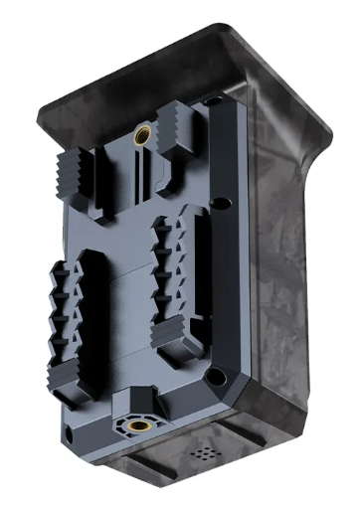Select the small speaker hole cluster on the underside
(x=203, y=451)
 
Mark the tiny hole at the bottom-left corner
(x=68, y=434)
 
